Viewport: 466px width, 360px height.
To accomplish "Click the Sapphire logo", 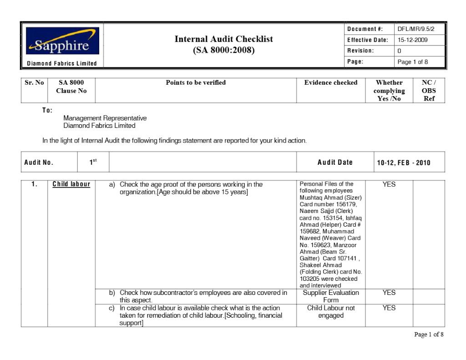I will pos(62,41).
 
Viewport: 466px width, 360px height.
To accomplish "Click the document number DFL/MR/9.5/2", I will pos(416,29).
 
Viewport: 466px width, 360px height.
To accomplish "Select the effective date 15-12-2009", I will pos(412,40).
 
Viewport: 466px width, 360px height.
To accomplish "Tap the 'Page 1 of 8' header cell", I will pos(412,62).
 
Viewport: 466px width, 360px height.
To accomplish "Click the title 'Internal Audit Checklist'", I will pos(223,39).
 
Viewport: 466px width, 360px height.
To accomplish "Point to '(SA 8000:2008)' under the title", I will pos(223,50).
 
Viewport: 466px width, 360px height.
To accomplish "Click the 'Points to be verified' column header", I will pos(196,83).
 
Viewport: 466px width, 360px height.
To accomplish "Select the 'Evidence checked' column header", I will pos(331,83).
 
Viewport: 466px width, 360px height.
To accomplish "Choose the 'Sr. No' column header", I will pos(34,83).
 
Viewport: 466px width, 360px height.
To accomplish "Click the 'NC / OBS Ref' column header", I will pos(429,90).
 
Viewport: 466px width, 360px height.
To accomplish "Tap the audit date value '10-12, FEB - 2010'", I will pos(404,163).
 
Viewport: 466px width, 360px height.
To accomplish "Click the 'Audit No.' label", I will pos(39,162).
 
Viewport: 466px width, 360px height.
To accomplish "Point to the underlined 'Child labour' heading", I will pos(71,184).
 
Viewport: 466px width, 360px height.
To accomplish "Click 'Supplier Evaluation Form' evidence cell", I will pos(331,296).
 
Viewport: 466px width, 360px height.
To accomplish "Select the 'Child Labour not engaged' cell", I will pos(331,312).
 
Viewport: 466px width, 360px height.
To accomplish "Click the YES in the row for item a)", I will pos(389,184).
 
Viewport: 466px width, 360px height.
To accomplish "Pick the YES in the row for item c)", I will pos(389,308).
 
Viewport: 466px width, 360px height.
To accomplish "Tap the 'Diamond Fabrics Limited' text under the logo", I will pos(62,63).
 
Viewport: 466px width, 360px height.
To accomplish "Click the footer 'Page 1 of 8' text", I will pos(428,335).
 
